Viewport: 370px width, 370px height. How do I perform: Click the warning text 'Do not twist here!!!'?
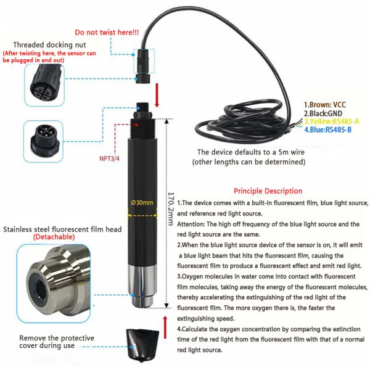click(x=106, y=32)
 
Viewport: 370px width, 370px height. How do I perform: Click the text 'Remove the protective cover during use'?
click(x=57, y=342)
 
